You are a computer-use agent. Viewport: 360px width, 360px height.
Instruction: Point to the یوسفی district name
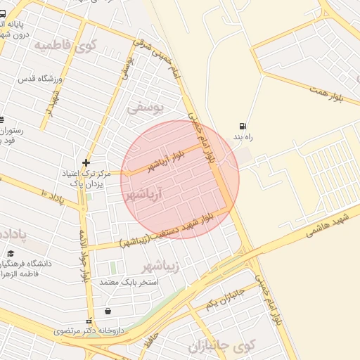145,108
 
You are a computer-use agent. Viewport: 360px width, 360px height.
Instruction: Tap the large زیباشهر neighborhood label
161,266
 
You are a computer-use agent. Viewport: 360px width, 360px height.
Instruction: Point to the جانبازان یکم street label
226,298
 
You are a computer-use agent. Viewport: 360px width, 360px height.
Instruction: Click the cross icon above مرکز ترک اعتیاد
86,162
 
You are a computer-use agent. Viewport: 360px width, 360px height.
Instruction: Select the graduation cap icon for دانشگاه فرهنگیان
11,252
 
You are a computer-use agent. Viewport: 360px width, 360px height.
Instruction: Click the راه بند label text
243,137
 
